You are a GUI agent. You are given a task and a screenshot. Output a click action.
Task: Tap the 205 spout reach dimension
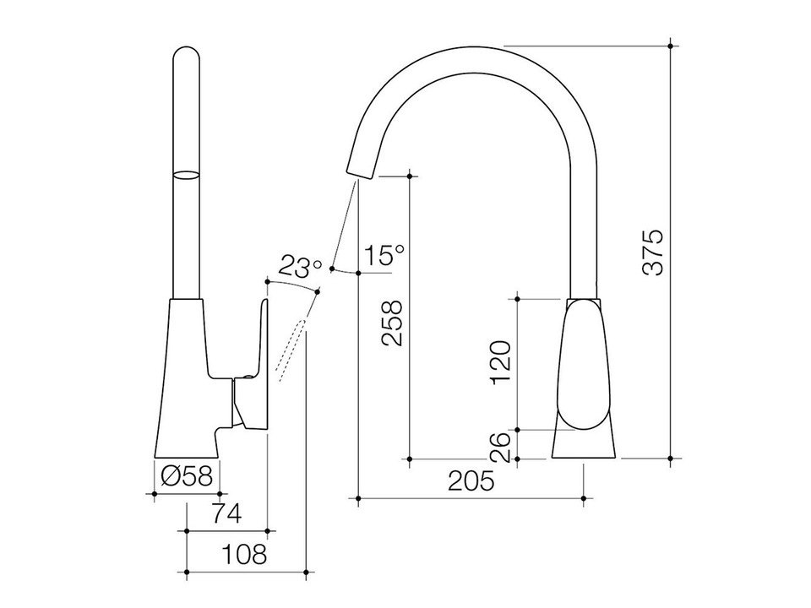click(x=470, y=481)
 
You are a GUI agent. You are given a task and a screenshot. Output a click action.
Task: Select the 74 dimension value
click(x=226, y=513)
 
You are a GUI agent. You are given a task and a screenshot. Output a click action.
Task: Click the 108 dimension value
click(x=243, y=554)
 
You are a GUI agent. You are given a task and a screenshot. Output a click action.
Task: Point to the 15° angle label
click(x=385, y=255)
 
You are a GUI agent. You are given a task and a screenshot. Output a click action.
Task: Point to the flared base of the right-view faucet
click(x=585, y=444)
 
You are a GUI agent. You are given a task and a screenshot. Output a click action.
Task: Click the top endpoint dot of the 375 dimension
click(x=670, y=45)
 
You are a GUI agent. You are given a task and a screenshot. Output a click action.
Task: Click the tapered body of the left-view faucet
click(x=186, y=380)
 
